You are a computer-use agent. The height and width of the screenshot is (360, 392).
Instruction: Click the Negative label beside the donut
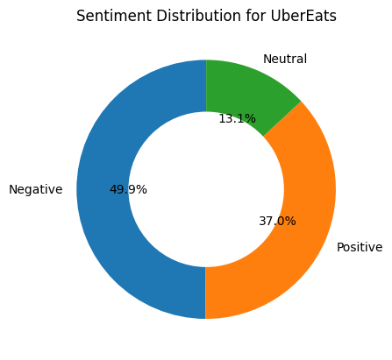36,190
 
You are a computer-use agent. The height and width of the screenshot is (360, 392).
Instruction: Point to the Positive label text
360,247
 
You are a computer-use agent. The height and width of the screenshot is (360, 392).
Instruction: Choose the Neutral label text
285,59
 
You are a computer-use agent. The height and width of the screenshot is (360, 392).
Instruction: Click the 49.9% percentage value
128,190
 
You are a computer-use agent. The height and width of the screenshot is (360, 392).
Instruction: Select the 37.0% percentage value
277,221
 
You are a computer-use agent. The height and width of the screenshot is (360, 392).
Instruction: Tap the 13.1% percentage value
237,119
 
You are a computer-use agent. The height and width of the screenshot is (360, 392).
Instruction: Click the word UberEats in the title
303,16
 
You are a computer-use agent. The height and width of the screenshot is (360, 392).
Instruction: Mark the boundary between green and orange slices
282,119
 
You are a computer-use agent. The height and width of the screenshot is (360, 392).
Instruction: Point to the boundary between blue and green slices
206,86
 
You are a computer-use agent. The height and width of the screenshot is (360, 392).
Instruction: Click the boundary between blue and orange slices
205,293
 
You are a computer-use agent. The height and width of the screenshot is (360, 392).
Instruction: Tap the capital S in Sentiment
81,16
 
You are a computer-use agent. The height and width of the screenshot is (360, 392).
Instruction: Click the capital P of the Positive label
340,247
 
